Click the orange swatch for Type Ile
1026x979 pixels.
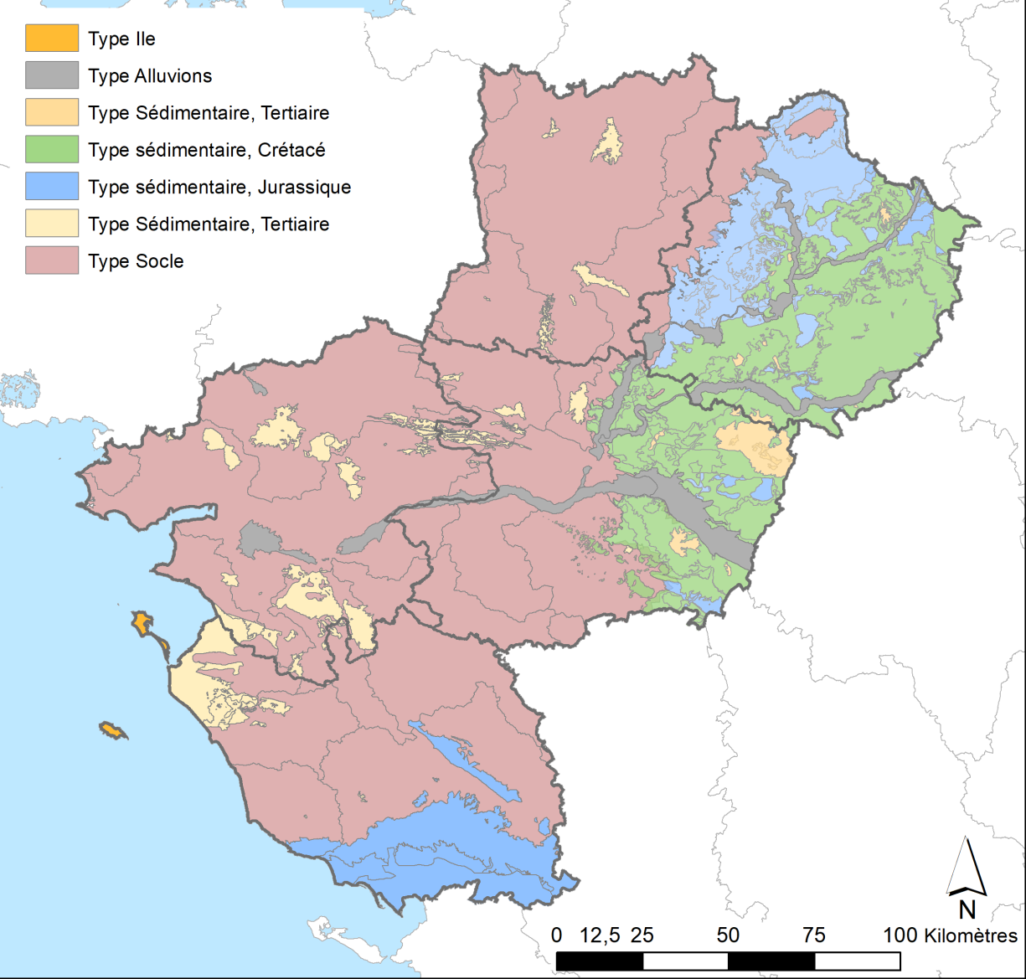click(51, 39)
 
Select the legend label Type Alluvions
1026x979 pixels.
click(150, 76)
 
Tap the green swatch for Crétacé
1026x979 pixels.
click(51, 150)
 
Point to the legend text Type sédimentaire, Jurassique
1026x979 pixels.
click(219, 188)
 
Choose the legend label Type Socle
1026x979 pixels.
click(136, 261)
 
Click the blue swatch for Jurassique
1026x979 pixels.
click(51, 187)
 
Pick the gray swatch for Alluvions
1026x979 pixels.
click(51, 75)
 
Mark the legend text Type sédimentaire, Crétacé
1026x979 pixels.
click(206, 151)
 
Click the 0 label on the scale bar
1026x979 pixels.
click(557, 935)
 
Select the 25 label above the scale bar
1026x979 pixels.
click(642, 935)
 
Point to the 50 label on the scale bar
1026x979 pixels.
click(728, 935)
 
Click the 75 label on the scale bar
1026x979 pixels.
click(814, 935)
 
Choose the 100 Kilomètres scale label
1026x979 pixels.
click(951, 935)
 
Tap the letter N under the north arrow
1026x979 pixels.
click(967, 909)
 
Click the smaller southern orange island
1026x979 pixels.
click(113, 731)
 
